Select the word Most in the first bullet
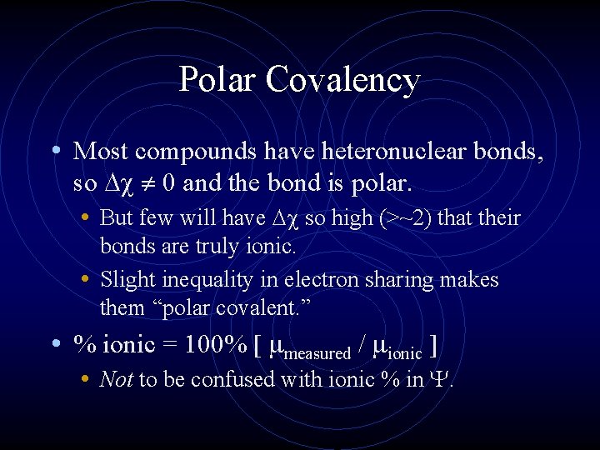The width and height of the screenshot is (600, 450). (101, 151)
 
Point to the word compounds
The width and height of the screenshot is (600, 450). (184, 152)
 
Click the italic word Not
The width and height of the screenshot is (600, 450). (116, 380)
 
